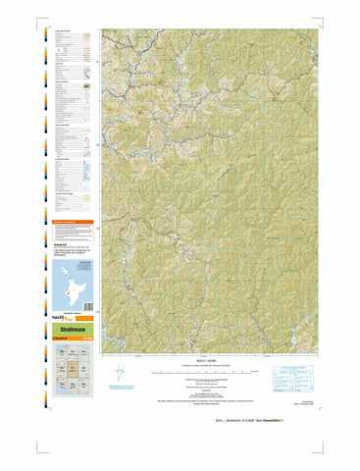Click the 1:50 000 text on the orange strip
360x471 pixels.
88,340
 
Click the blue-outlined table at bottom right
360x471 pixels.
290,373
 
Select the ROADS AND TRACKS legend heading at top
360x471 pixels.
63,32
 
